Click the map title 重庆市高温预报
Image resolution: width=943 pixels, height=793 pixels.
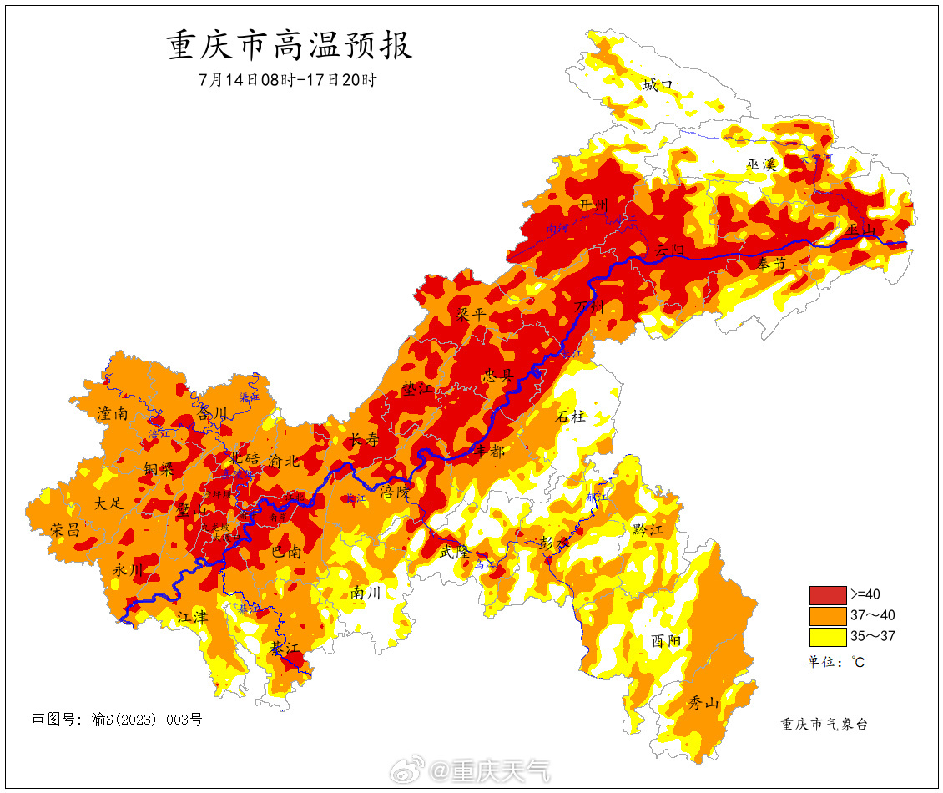(x=290, y=46)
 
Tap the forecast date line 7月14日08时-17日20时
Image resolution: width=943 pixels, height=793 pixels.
(x=288, y=81)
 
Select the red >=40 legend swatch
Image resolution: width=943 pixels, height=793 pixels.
(x=827, y=595)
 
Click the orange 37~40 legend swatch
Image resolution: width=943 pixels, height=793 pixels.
(x=827, y=616)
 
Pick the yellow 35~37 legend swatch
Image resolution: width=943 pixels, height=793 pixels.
(x=827, y=637)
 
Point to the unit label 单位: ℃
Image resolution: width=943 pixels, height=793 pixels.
(x=835, y=662)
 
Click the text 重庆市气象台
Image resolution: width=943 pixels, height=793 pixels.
(x=824, y=724)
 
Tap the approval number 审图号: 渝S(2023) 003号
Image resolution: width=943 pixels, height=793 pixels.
(x=117, y=719)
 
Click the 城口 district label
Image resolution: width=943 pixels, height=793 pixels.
(x=658, y=85)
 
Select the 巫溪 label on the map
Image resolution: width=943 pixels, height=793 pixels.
(x=761, y=164)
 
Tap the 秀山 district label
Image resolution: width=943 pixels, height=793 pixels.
(x=703, y=703)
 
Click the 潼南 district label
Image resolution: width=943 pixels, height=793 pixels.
(x=113, y=412)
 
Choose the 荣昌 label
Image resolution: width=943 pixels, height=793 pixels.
(x=65, y=529)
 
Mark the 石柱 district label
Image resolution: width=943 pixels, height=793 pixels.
(x=571, y=416)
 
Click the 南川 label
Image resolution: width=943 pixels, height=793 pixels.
(x=366, y=593)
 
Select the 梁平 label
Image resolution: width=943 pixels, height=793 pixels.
(x=471, y=314)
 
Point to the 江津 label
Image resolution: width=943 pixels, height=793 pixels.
(x=192, y=617)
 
